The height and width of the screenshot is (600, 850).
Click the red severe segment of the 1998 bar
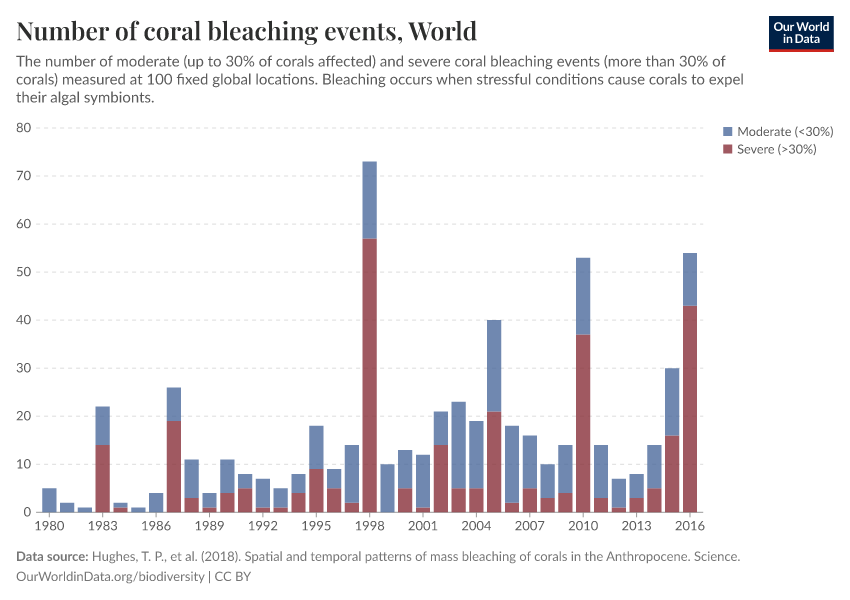click(369, 375)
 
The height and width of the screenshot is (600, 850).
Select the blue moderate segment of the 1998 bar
click(369, 199)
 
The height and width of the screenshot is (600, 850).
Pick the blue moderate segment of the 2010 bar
click(583, 296)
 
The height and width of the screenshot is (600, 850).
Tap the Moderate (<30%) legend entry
click(776, 132)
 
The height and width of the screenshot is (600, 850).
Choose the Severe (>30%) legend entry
click(769, 149)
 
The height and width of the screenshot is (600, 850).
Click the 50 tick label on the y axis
click(24, 272)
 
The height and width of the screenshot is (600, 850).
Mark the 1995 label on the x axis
click(316, 525)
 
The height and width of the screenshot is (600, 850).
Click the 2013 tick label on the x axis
click(636, 525)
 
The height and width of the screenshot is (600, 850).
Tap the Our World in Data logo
click(800, 33)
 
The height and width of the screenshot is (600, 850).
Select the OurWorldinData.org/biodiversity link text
click(110, 577)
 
